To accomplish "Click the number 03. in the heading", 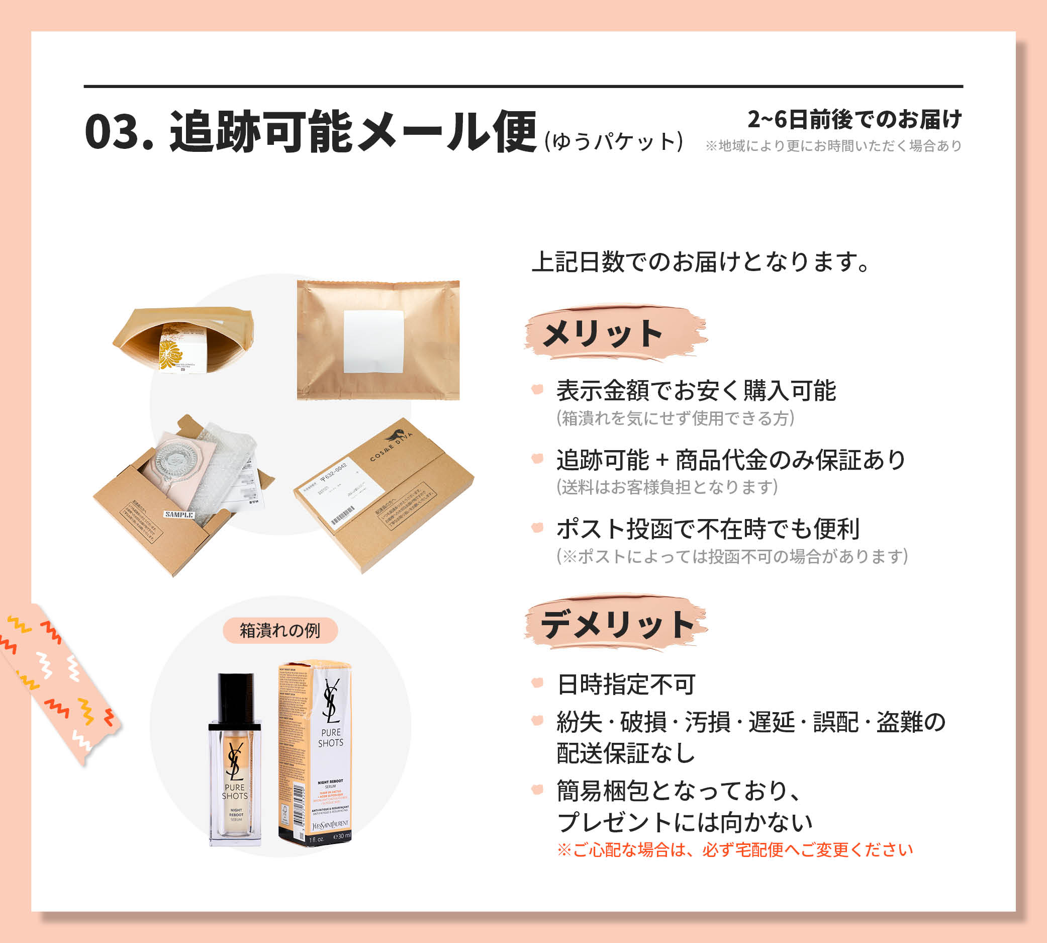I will point(119,132).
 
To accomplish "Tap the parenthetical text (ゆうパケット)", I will point(614,141).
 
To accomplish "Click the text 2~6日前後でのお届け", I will point(854,119).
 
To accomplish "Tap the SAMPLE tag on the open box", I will point(179,515).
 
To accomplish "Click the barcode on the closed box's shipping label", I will point(343,516).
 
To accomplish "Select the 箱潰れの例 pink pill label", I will point(280,630).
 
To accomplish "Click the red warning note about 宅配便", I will point(735,850).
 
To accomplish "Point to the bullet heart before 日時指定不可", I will point(537,682).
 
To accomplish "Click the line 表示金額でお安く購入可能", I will point(696,390).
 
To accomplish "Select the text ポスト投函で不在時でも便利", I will point(708,529).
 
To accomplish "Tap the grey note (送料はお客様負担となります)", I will point(667,487).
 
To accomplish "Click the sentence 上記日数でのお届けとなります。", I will point(701,262).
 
